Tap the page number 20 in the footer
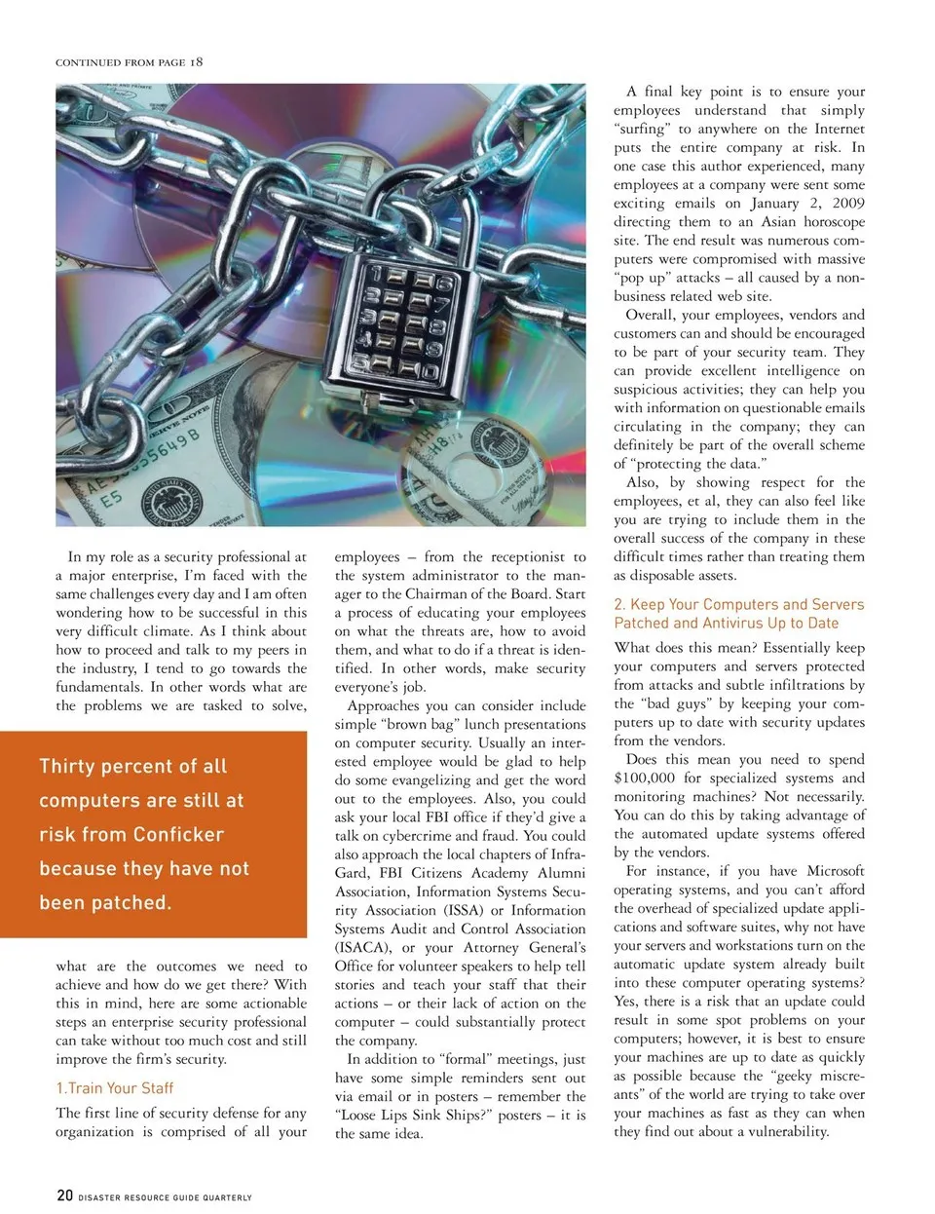[64, 1195]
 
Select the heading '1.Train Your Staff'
[115, 1088]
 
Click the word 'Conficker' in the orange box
[178, 834]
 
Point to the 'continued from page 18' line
[130, 62]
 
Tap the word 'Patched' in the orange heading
[641, 623]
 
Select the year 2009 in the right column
[848, 203]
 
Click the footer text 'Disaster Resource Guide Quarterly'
[165, 1197]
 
